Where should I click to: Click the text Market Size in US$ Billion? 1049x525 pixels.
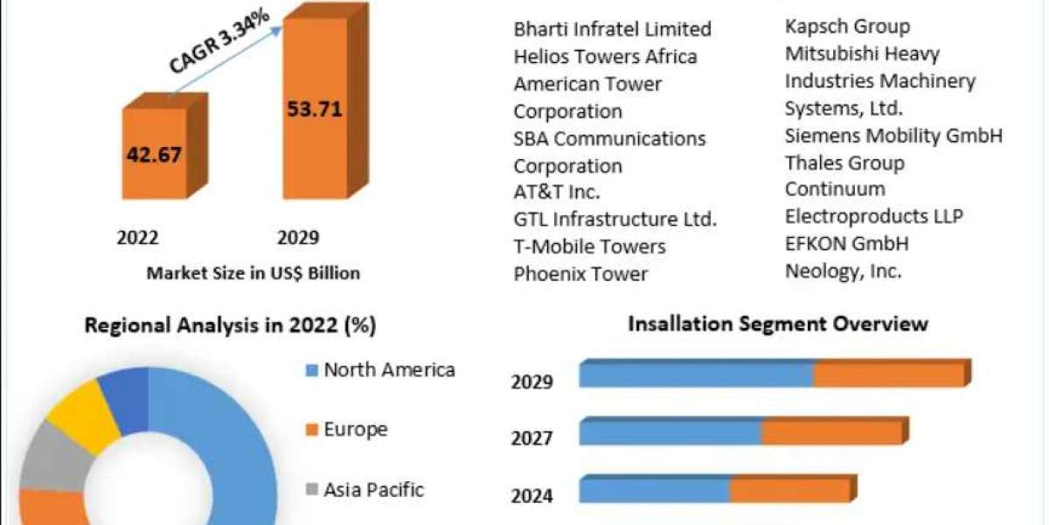pos(254,273)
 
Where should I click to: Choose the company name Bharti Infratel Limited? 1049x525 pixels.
pos(612,29)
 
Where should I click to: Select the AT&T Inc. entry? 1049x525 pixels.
pos(557,192)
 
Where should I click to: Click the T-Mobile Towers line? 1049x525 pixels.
pos(589,247)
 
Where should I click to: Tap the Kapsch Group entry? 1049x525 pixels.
pos(847,26)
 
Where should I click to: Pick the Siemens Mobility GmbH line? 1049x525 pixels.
pos(893,136)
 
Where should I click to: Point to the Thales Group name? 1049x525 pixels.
pos(844,163)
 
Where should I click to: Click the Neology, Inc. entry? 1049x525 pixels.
pos(843,271)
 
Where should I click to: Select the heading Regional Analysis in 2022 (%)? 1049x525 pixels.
pos(230,325)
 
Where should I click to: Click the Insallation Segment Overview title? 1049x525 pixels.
pos(778,324)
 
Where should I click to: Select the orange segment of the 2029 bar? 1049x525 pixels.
pos(888,374)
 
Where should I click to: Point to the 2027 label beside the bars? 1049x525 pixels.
pos(531,437)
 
